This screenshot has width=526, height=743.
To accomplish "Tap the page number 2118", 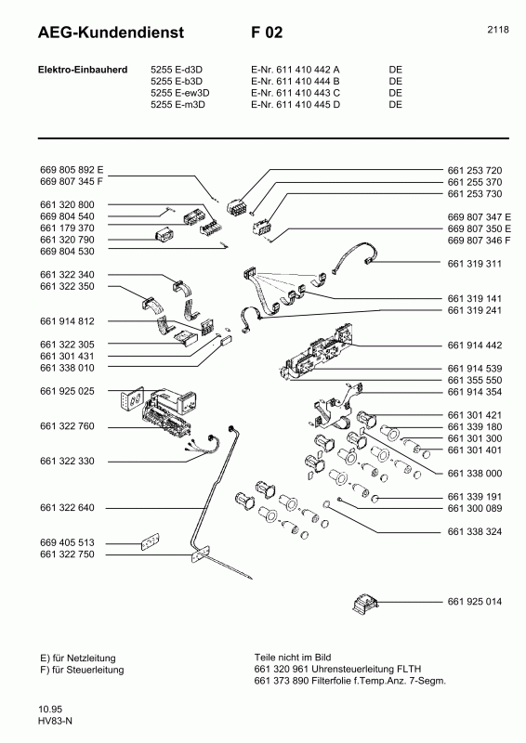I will [x=497, y=30].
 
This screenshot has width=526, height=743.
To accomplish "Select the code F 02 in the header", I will [x=267, y=33].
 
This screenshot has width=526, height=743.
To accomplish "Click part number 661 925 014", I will [x=474, y=602].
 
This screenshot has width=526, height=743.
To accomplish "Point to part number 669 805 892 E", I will [x=72, y=171].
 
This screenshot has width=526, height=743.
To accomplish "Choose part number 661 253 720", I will [x=474, y=171].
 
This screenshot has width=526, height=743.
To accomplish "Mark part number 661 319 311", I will [x=474, y=264].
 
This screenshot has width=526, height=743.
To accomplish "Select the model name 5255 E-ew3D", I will [x=180, y=93].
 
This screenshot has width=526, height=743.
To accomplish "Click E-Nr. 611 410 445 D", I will [x=296, y=105].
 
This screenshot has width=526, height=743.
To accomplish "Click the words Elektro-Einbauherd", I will [x=76, y=70].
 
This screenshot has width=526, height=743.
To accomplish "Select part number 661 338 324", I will [x=474, y=531].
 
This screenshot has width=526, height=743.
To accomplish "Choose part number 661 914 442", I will [x=474, y=345].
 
